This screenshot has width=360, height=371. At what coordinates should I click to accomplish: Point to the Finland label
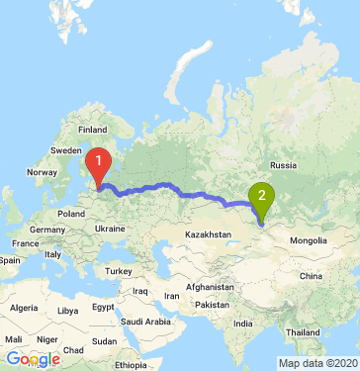[x=92, y=130]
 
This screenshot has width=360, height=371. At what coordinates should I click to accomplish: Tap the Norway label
[x=44, y=172]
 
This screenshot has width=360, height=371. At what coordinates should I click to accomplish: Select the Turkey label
[x=120, y=271]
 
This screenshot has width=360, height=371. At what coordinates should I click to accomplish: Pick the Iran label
[x=172, y=295]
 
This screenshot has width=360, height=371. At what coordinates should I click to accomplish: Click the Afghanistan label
[x=209, y=285]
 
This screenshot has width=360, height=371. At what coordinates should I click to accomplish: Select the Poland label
[x=71, y=212]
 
